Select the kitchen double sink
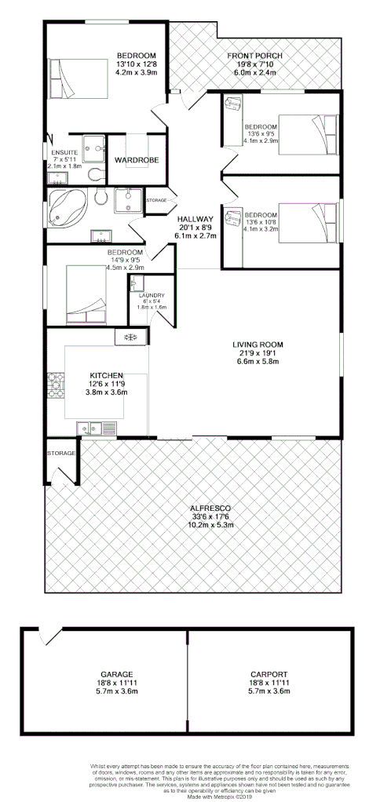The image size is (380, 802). coord(89,428)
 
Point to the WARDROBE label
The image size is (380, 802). coord(137,160)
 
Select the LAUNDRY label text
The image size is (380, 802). coord(152,296)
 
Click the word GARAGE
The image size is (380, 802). coord(115,674)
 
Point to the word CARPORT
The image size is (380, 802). coord(269,674)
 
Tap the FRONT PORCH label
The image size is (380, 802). coord(254,56)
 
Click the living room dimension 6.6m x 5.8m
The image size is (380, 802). coord(257,362)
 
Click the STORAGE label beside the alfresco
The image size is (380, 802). coord(60,454)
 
